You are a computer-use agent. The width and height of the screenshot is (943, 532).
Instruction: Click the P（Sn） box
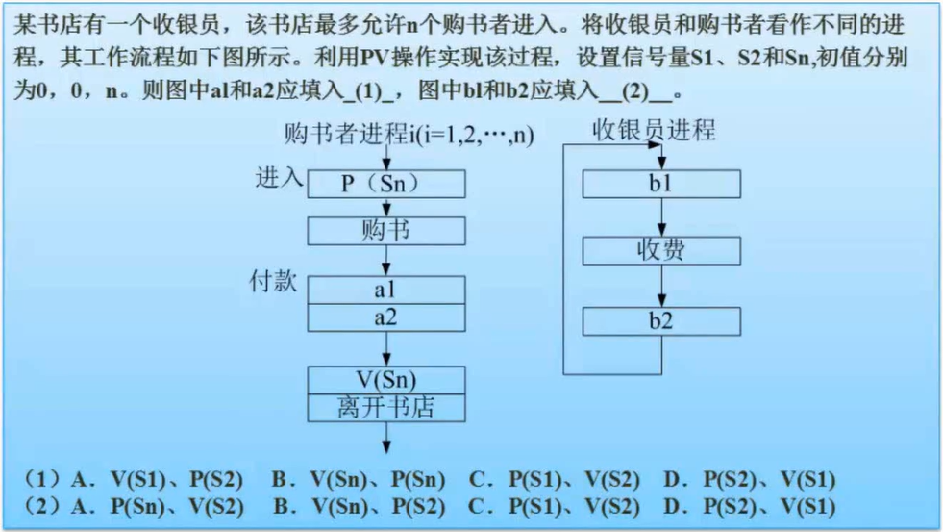pos(386,184)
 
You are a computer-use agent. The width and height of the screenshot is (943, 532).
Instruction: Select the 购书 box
pos(386,231)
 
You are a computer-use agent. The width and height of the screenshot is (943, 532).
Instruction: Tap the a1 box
pos(386,290)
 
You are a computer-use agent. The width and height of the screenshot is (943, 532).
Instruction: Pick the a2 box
pos(386,317)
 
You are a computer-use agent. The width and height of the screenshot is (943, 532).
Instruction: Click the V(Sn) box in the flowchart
pos(386,380)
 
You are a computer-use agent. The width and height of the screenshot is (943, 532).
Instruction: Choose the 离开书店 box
pos(386,407)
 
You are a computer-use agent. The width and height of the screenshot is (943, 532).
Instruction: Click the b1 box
pos(661,183)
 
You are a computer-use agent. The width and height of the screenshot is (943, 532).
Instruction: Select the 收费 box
pos(661,251)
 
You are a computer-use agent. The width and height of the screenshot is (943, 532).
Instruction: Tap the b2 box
pos(661,321)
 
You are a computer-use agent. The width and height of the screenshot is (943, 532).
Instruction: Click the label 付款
pos(274,282)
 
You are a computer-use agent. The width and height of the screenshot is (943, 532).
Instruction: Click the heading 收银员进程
pos(654,130)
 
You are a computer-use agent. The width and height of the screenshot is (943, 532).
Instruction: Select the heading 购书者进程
pos(346,134)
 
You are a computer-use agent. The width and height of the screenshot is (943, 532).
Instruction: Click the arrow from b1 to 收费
pos(661,216)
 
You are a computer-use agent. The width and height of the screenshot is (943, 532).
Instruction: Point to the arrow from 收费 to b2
pos(661,286)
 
